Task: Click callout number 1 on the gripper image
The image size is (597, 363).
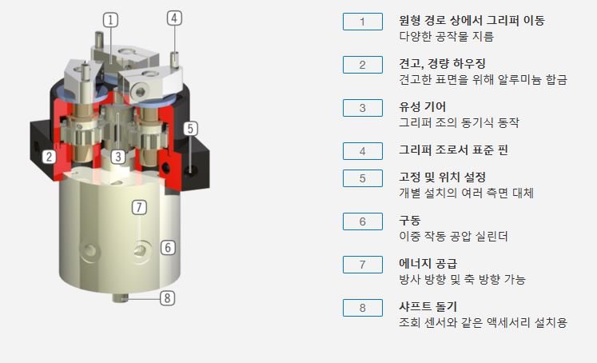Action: pos(111,18)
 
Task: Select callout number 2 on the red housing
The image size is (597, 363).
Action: pos(50,156)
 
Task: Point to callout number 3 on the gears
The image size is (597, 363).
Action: pos(117,157)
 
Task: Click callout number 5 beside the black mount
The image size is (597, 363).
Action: pos(190,128)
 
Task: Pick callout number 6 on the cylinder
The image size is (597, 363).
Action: pos(167,247)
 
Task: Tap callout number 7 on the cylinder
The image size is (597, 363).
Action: pos(140,207)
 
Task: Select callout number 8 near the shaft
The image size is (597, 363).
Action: pos(166,298)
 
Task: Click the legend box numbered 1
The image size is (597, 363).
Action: pos(362,22)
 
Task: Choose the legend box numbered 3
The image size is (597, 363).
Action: pos(362,107)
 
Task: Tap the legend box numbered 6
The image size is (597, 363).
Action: pos(362,221)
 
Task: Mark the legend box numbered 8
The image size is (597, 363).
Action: pos(362,307)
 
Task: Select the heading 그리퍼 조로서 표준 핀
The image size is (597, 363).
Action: pos(453,150)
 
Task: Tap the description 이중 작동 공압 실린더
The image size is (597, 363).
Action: pos(453,237)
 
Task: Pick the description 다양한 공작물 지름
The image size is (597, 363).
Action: pos(446,36)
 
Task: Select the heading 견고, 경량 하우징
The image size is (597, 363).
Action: pos(442,63)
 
